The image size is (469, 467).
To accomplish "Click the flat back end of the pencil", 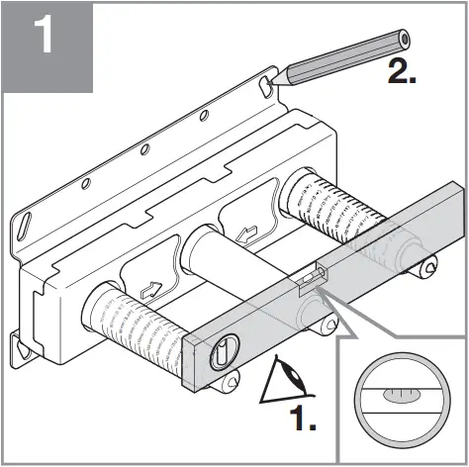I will tap(405, 40).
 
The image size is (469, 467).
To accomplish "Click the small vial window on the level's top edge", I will tap(310, 277).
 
